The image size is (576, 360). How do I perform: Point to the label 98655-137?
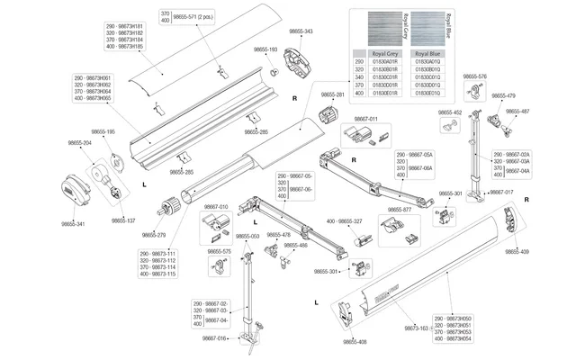point(124,220)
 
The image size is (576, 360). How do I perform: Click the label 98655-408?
point(356,342)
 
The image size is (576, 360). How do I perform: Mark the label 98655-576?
point(474,77)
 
